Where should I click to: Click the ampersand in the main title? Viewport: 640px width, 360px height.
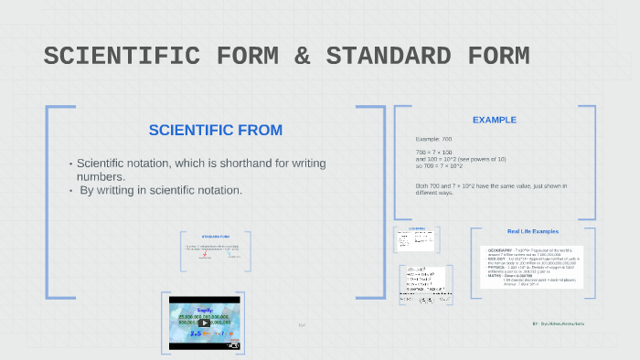coord(301,56)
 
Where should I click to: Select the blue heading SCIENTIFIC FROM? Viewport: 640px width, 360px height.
coord(216,130)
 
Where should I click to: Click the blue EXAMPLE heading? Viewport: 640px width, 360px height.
coord(494,120)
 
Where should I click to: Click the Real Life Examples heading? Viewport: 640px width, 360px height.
coord(532,231)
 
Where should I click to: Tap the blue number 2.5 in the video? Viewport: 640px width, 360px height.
coord(194,334)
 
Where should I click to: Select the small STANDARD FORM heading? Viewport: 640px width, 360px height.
coord(216,237)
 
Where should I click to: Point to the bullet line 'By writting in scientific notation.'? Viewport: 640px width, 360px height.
coord(160,190)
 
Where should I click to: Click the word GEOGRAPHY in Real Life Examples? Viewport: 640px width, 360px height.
coord(501,249)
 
